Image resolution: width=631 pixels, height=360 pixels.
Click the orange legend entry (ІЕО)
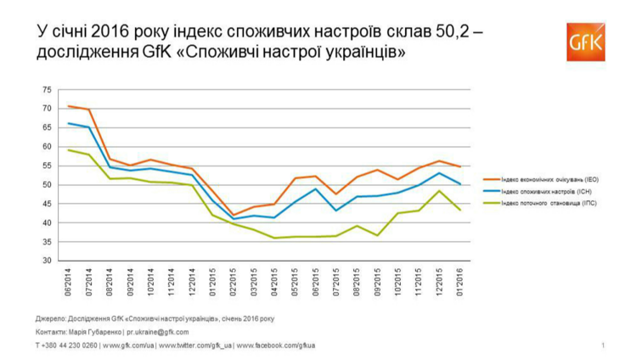[544, 178]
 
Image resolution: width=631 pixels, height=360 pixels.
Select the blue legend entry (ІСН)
[544, 192]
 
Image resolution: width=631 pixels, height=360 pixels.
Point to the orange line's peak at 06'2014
[69, 106]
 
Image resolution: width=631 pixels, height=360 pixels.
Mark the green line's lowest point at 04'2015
[274, 238]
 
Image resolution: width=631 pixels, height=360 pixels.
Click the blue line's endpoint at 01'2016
[459, 183]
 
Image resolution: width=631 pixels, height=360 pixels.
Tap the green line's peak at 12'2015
[439, 190]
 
